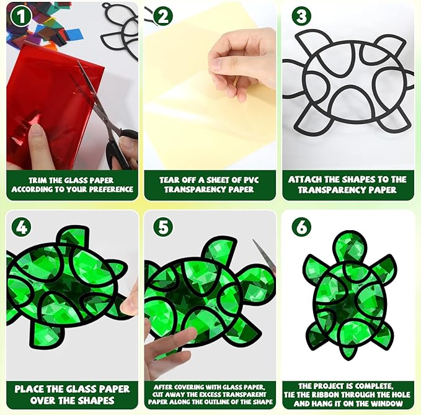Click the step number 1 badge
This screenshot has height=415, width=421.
coord(20,16)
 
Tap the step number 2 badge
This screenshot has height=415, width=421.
coord(163,16)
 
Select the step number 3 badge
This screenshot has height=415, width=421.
coord(301,16)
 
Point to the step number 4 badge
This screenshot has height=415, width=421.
coord(21,227)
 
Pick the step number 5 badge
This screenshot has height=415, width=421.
coord(163,227)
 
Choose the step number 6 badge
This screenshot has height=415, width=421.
coord(301,227)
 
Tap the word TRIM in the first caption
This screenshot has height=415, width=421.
coord(38,181)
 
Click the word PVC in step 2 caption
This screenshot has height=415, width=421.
coord(250,180)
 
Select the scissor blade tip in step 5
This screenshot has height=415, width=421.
coord(253,239)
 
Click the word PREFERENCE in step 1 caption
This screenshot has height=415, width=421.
coord(111,189)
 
